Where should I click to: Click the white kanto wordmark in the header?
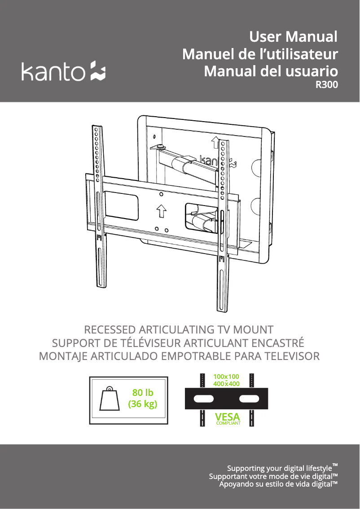coord(53,71)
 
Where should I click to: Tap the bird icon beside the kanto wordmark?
coord(97,70)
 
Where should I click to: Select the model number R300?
coord(327,85)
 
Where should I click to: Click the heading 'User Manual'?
coord(293,37)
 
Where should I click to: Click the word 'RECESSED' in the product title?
coord(110,330)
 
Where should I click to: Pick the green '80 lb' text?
coord(142,393)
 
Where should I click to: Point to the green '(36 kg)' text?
coord(142,404)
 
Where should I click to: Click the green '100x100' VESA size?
coord(226,377)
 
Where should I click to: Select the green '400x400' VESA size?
coord(226,384)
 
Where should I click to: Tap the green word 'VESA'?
coord(228,417)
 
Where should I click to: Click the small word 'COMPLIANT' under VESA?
coord(228,423)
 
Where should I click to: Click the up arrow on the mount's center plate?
coord(161,212)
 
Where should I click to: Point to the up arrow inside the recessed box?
coord(215,142)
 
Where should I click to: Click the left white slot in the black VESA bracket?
coord(204,399)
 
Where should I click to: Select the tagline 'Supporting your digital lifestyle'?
coord(280,469)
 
